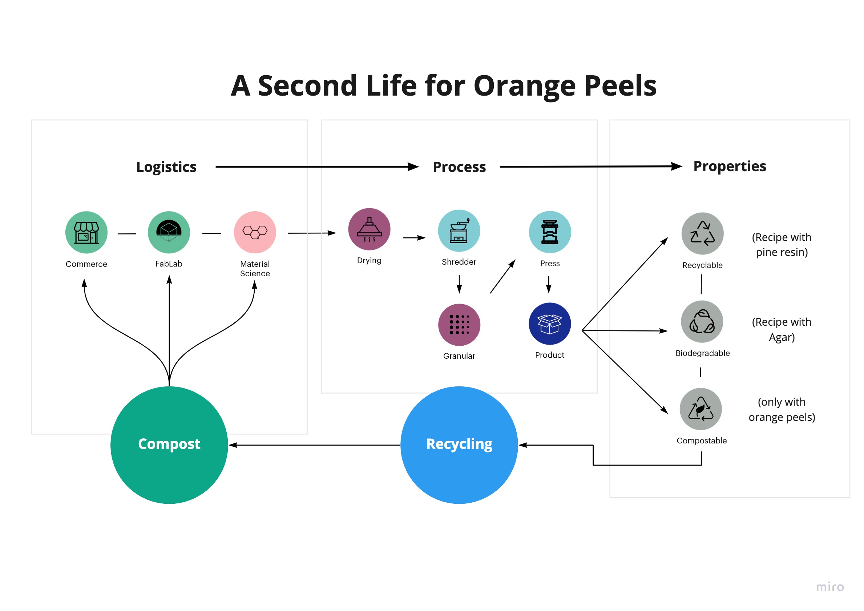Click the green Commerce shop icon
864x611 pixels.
pyautogui.click(x=86, y=232)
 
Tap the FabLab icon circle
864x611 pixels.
pyautogui.click(x=169, y=232)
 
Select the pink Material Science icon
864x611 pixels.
pyautogui.click(x=255, y=232)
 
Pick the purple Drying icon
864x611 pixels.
pyautogui.click(x=369, y=229)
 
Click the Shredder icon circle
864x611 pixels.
pyautogui.click(x=459, y=231)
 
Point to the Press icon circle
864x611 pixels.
pyautogui.click(x=549, y=232)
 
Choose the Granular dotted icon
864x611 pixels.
pyautogui.click(x=459, y=325)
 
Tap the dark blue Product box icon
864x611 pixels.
pyautogui.click(x=549, y=324)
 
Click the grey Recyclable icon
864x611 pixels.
pyautogui.click(x=702, y=233)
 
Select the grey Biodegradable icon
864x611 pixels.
pyautogui.click(x=702, y=322)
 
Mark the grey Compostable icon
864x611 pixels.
pyautogui.click(x=700, y=409)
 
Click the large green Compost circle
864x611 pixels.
pyautogui.click(x=169, y=445)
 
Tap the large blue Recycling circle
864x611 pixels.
pyautogui.click(x=459, y=445)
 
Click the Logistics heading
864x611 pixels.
pyautogui.click(x=166, y=167)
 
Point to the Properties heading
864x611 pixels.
pyautogui.click(x=729, y=166)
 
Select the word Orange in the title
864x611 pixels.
pyautogui.click(x=525, y=86)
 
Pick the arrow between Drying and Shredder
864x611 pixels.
pyautogui.click(x=414, y=238)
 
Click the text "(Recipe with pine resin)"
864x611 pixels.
pyautogui.click(x=781, y=245)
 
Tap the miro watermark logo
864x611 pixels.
pyautogui.click(x=830, y=587)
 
